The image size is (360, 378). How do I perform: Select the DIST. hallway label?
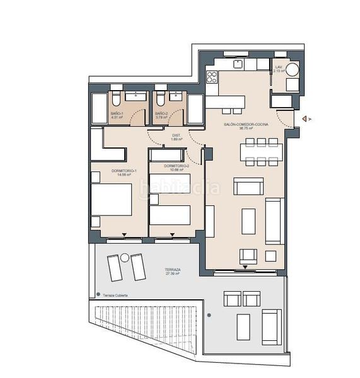(x=177, y=137)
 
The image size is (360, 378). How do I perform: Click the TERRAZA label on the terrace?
(x=172, y=271)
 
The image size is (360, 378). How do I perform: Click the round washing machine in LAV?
(x=293, y=70)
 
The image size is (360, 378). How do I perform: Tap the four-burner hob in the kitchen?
(x=212, y=77)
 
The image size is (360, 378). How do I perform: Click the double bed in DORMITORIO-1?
(x=112, y=200)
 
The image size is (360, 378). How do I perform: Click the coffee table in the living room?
(x=249, y=221)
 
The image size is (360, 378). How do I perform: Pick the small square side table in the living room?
(x=270, y=256)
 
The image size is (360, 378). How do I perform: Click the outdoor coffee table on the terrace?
(x=244, y=326)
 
